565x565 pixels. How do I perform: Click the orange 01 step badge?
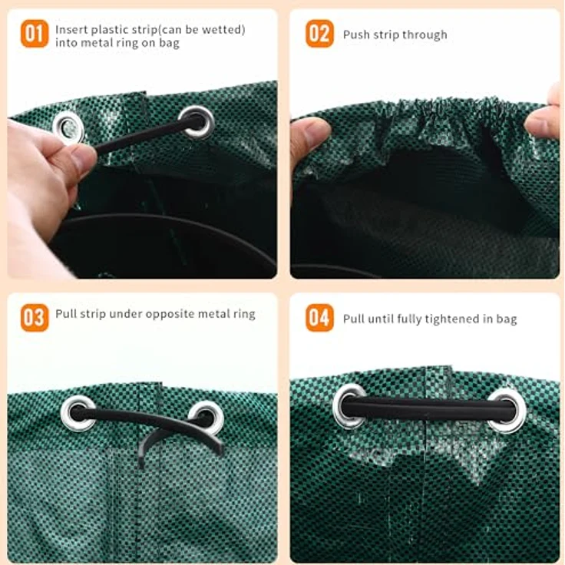pos(35,34)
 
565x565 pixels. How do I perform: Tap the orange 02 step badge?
pos(319,34)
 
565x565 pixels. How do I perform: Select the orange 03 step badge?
pos(35,318)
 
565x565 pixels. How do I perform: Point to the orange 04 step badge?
pos(319,318)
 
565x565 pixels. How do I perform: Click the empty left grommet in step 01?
pos(68,127)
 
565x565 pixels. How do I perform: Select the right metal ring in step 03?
pos(206,418)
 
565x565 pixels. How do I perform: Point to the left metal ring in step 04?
pos(349,406)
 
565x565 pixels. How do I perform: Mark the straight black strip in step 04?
pos(429,408)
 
